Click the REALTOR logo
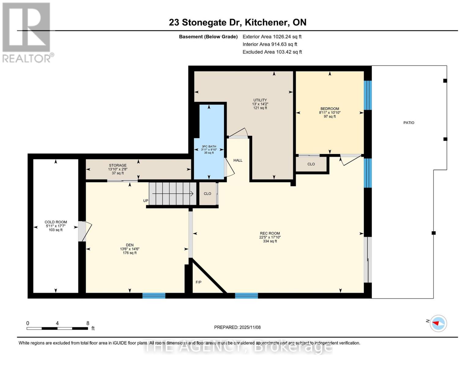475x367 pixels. click(27, 32)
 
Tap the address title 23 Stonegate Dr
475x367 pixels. click(237, 22)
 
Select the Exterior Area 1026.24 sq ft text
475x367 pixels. click(272, 37)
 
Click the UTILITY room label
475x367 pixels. click(260, 100)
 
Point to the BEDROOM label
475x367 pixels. click(329, 109)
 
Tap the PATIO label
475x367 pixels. click(409, 123)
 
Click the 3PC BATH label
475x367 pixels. click(209, 146)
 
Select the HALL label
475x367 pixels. click(238, 160)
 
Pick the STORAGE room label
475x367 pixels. click(117, 165)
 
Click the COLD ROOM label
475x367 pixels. click(56, 222)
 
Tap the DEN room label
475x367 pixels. click(130, 245)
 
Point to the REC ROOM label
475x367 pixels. click(270, 233)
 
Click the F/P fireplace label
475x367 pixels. click(199, 282)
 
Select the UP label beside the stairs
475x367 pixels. click(146, 201)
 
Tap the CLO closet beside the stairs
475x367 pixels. click(207, 194)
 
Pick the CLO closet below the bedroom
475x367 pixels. click(311, 164)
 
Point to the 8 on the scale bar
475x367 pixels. click(88, 323)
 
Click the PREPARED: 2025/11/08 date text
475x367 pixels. click(237, 327)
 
